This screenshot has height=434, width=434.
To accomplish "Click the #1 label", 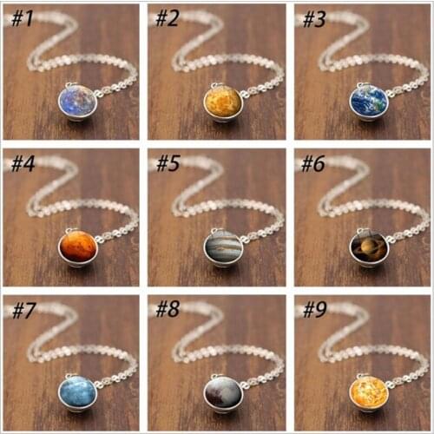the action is pos(21,19).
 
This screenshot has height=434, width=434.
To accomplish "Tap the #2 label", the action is pos(167,19).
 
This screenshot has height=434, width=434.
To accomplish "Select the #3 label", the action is pos(314,19).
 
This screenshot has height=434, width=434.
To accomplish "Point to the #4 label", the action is pos(23,164).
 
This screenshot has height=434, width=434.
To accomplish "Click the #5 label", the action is pos(168,164).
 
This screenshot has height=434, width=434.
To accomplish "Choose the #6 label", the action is pos(312,164).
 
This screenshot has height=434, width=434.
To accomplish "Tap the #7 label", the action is pos(23,310).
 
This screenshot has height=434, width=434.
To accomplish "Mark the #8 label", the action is pos(168,309).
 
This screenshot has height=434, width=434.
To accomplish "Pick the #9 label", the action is pos(314,310).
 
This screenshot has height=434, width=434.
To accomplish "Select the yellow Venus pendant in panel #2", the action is pos(222,102).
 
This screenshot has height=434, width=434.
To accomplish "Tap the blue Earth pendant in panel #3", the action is pos(369,102).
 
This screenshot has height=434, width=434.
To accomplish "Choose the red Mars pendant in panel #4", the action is pos(78,248).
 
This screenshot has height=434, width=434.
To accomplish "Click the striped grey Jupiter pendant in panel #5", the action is pos(223,248).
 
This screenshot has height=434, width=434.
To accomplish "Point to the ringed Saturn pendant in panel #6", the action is pos(369,248).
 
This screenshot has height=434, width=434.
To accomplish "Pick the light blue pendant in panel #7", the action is pos(76,392).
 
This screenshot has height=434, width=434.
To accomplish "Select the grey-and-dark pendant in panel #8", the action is pos(222,392).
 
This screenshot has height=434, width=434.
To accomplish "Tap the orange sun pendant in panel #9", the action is pos(369,392).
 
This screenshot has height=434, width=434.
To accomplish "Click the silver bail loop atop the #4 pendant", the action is pos(69,231).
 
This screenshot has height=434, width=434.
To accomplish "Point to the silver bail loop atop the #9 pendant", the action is pos(360,376).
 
